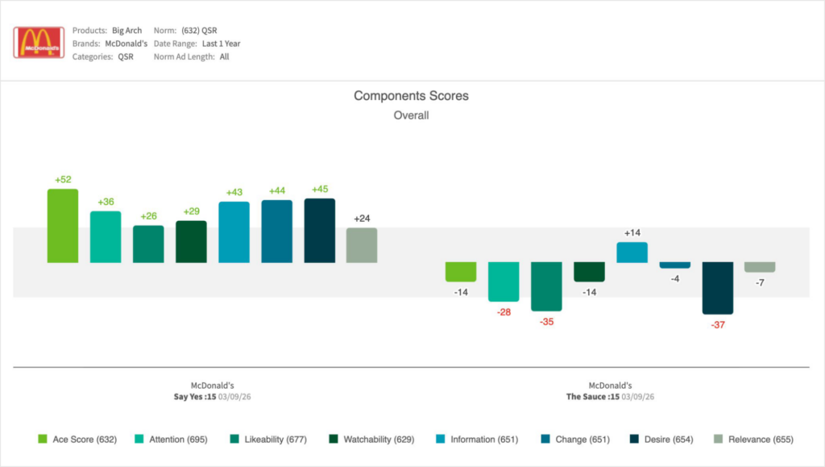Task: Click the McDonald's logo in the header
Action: tap(39, 43)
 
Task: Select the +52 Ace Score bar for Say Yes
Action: tap(63, 226)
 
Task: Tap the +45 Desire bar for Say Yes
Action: tap(320, 231)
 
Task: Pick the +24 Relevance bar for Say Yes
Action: tap(362, 245)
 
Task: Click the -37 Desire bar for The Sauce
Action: tap(718, 288)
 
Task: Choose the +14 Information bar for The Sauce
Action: tap(632, 252)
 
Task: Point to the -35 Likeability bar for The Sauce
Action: tap(546, 286)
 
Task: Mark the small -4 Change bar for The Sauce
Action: tap(675, 265)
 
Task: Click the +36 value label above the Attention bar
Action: tap(106, 202)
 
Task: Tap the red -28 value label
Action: tap(504, 311)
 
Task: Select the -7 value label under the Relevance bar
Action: tap(760, 282)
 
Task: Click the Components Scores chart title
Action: tap(411, 96)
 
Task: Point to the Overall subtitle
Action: tap(411, 115)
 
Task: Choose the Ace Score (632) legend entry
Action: tap(78, 440)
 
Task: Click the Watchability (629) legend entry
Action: tap(372, 440)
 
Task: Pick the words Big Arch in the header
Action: tap(126, 31)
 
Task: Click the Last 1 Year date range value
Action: tap(221, 44)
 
